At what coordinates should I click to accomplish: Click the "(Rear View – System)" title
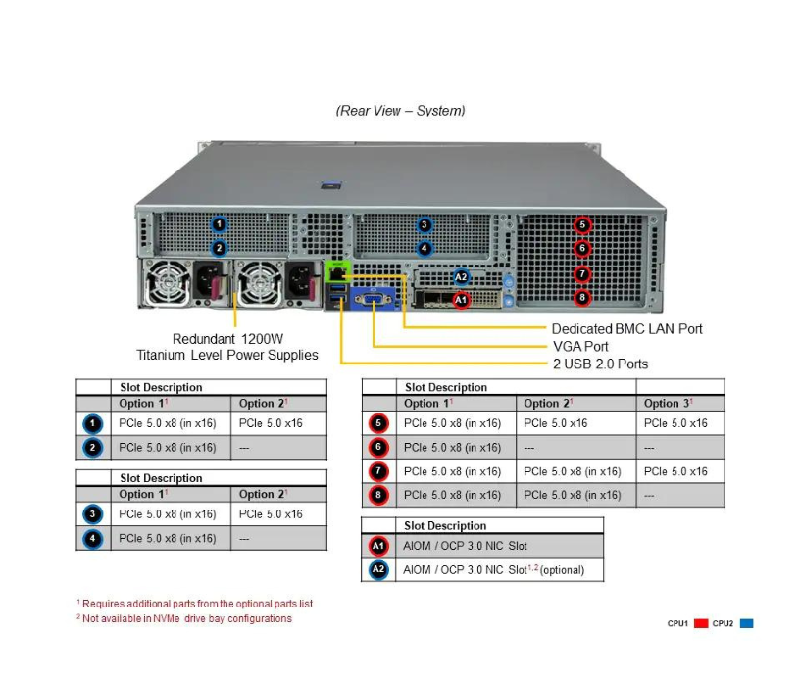coord(400,111)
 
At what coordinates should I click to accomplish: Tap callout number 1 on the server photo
coord(220,225)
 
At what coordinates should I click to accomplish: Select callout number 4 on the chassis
coord(425,248)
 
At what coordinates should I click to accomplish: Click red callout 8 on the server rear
coord(582,297)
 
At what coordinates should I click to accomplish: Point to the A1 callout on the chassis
coord(462,300)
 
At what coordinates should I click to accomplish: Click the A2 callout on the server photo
coord(462,277)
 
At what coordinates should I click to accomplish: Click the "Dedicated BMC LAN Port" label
coord(626,329)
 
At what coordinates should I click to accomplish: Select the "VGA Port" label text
coord(579,346)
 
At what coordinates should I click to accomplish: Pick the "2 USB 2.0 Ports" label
coord(600,364)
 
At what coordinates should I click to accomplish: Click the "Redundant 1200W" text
coord(227,338)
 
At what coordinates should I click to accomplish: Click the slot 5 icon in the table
coord(379,423)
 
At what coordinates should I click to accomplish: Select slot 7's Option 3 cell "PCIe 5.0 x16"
coord(675,471)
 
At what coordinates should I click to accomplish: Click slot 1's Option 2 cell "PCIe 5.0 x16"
coord(271,423)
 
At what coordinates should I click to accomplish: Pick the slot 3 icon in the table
coord(93,513)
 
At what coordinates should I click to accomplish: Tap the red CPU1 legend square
coord(701,623)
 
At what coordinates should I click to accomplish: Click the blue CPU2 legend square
coord(747,623)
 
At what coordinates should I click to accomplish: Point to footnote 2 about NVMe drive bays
coord(184,618)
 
